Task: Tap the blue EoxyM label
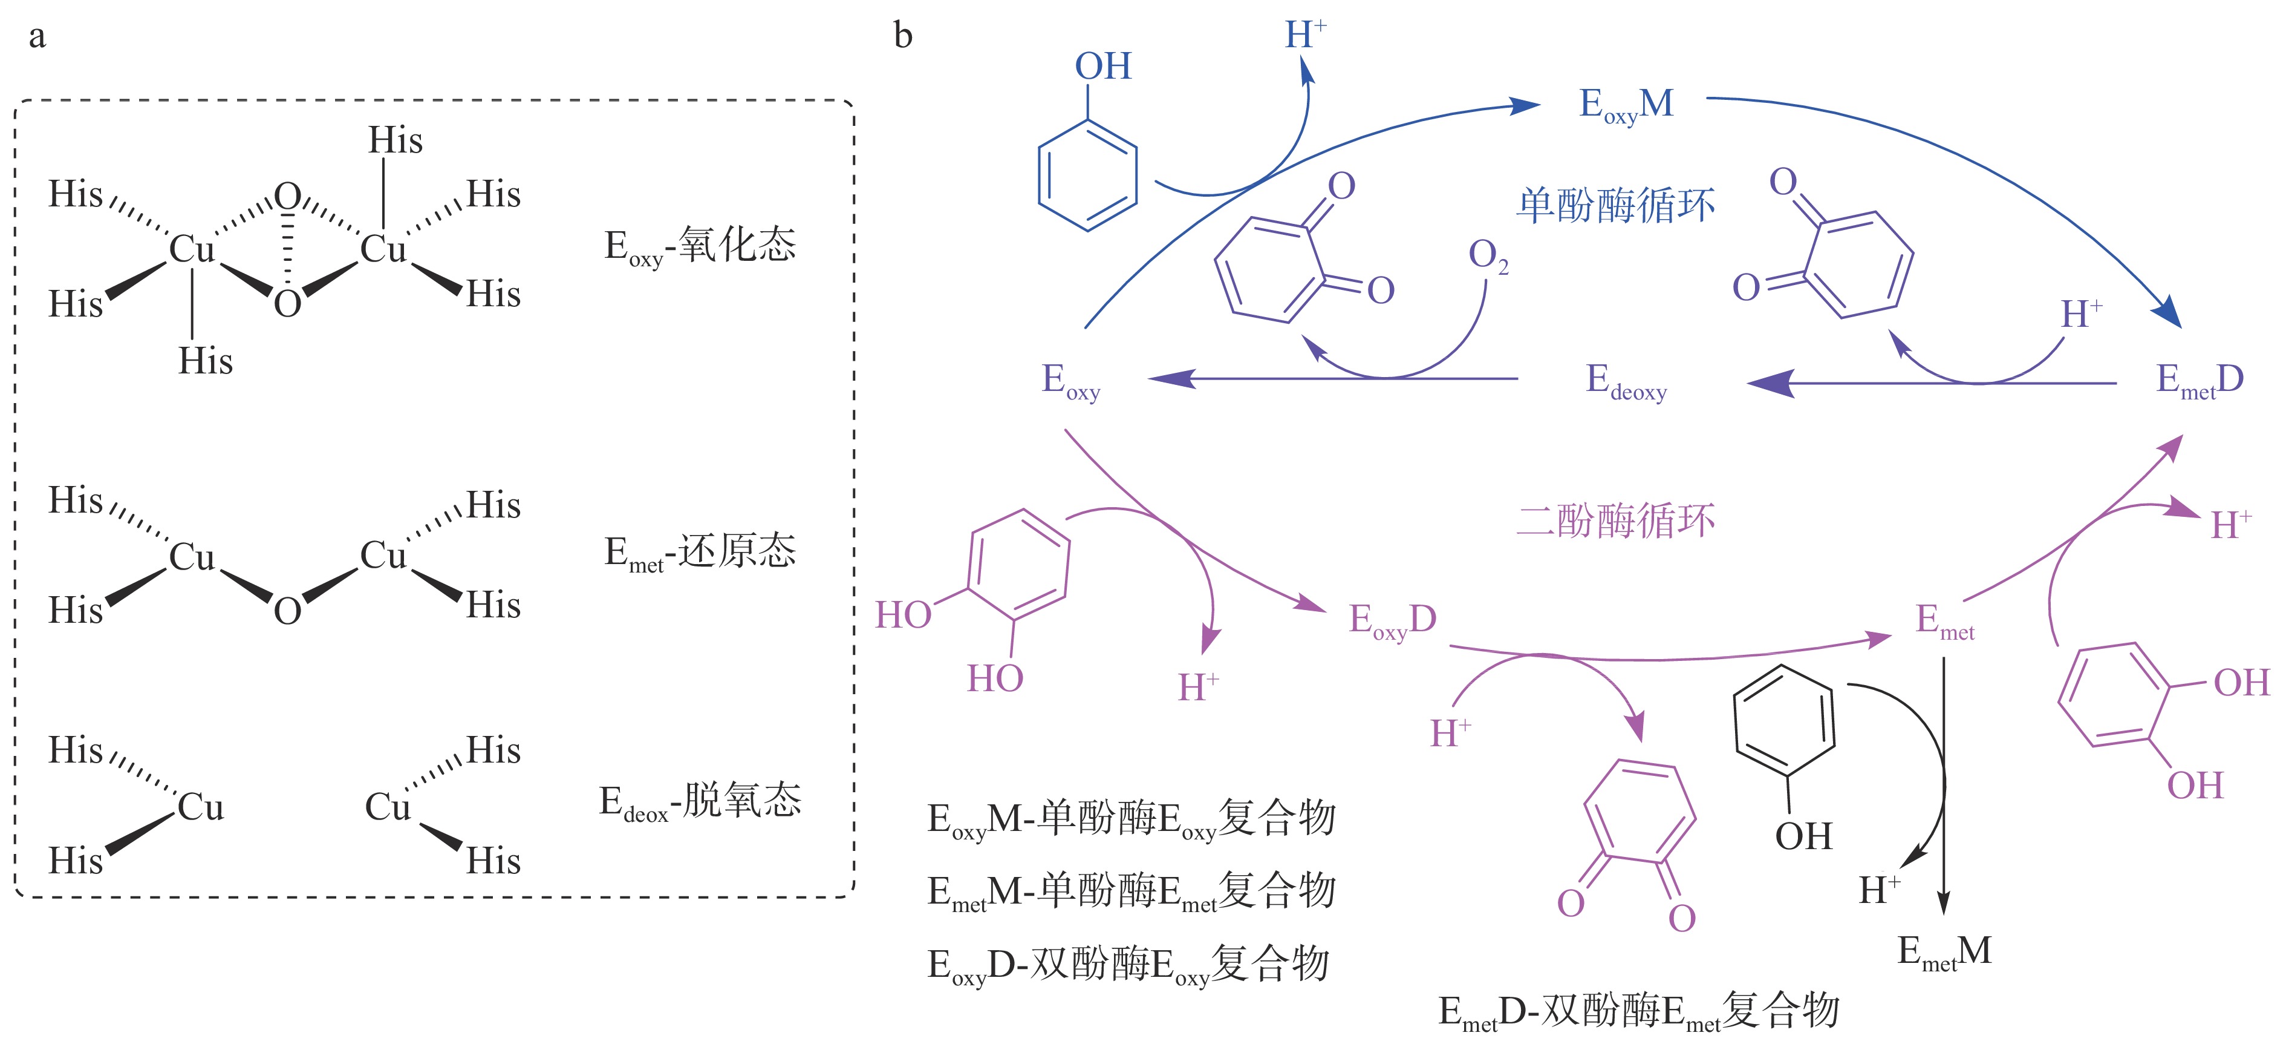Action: (1626, 105)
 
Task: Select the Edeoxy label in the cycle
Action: (1626, 382)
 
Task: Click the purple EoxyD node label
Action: (1392, 620)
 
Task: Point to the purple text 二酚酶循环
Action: (1615, 521)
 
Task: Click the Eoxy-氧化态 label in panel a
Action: (699, 246)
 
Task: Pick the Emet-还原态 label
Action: (699, 552)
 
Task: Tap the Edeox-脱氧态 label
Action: (699, 802)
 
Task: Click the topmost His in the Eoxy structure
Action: (395, 140)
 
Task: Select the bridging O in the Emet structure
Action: (287, 611)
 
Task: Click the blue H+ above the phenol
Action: (1304, 36)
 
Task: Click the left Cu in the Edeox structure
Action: (201, 807)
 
